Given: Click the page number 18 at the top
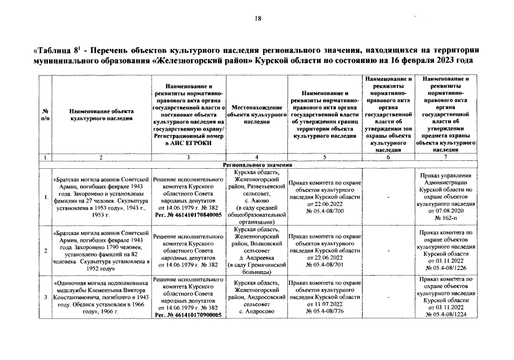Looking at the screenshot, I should point(258,19).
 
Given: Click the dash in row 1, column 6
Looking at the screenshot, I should point(389,197).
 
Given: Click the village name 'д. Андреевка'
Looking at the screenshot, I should point(256,257).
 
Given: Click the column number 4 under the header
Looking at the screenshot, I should point(256,157).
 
